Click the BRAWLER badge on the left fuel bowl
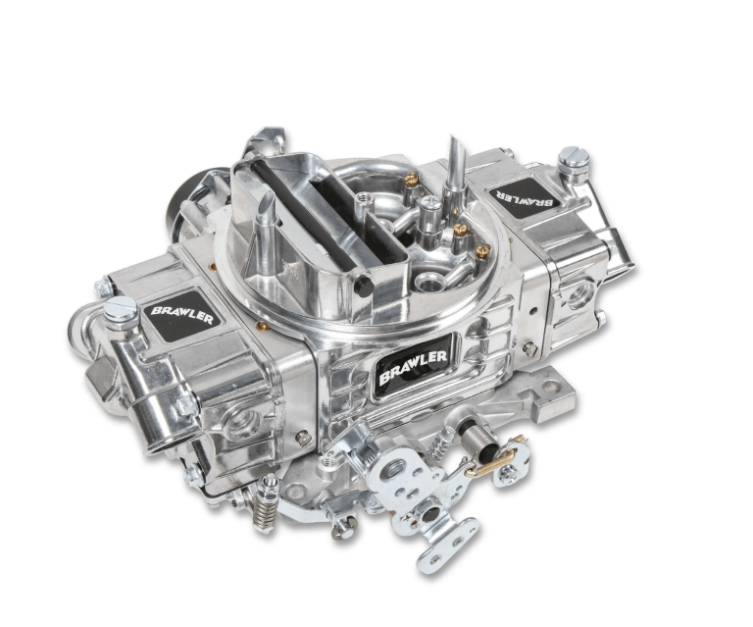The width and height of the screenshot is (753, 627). tap(182, 316)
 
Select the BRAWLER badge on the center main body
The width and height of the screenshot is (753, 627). tap(414, 366)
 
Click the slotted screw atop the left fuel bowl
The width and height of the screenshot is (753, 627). tap(121, 308)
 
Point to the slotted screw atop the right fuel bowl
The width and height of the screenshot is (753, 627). tap(574, 157)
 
